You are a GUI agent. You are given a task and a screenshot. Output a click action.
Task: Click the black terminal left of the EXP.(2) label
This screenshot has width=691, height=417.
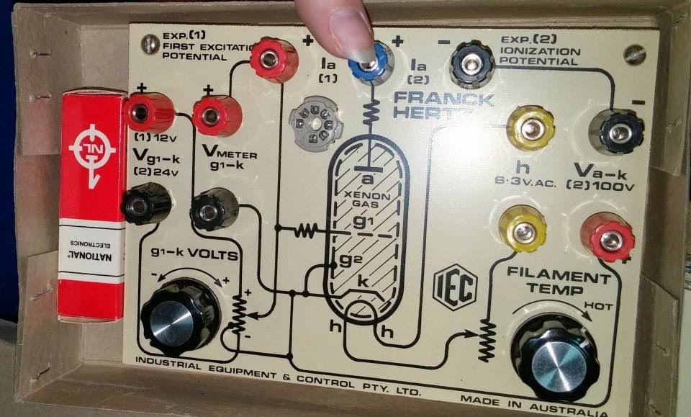pyautogui.click(x=471, y=63)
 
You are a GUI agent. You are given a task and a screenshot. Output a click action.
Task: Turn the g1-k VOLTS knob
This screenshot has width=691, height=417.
pyautogui.click(x=179, y=315)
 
